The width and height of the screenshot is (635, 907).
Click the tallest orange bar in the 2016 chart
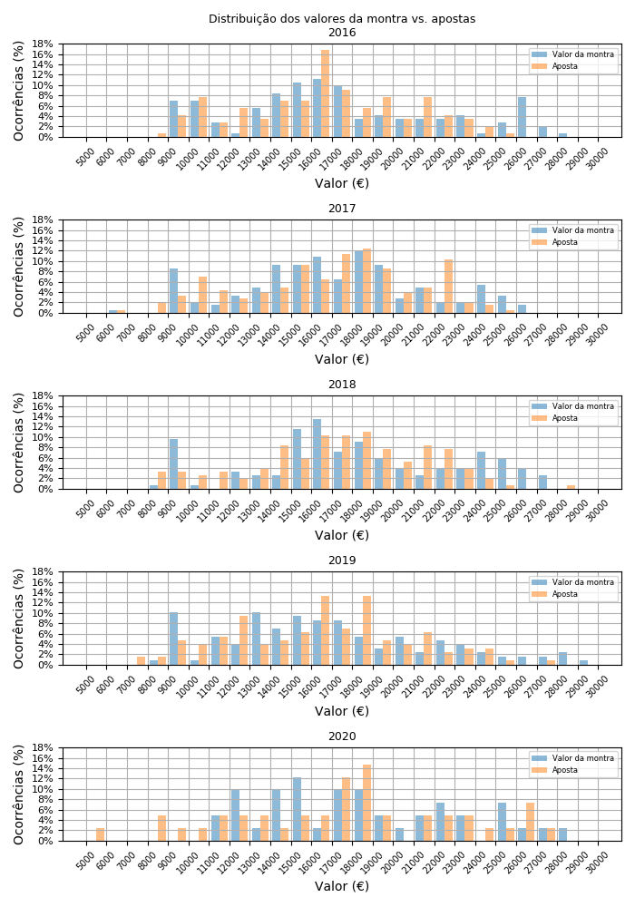(x=326, y=93)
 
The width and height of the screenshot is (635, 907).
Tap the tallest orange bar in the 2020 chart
(x=366, y=803)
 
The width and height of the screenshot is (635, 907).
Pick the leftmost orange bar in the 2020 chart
(x=101, y=834)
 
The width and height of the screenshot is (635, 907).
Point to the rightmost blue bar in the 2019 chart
(x=583, y=663)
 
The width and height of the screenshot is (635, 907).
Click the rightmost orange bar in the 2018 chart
(x=571, y=487)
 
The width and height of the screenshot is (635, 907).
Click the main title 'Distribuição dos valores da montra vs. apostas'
(x=342, y=19)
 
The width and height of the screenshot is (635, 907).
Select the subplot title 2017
(x=342, y=209)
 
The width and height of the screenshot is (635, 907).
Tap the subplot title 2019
(x=342, y=561)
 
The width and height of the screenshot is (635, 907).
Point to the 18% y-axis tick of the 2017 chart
(x=46, y=220)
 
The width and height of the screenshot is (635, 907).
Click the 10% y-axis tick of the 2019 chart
(x=46, y=614)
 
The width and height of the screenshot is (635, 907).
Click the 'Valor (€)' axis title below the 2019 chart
(x=342, y=711)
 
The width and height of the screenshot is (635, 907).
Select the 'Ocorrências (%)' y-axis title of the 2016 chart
(x=19, y=91)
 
